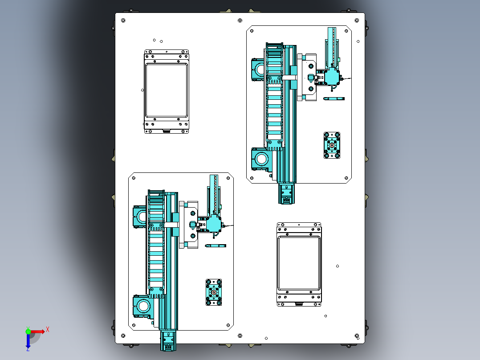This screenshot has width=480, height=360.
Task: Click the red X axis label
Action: point(48,330)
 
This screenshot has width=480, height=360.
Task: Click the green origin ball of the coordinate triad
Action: point(28,331)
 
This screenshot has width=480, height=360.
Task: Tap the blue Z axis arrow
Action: point(28,341)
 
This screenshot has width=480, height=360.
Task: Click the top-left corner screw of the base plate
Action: point(123,20)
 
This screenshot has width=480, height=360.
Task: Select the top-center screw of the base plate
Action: point(240,20)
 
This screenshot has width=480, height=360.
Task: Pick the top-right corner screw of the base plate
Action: point(357,20)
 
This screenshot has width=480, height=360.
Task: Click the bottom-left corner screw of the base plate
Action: point(123,336)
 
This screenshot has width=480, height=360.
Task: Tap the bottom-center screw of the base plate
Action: point(240,336)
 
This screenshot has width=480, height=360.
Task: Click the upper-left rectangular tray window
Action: point(167,90)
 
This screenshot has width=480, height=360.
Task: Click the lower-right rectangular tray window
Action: point(299,263)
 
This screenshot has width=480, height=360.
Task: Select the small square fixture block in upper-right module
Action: point(332,145)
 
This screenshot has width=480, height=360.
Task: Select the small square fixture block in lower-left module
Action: point(214,292)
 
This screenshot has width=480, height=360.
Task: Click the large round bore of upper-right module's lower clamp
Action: point(262,159)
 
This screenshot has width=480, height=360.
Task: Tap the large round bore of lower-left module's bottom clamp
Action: point(143,306)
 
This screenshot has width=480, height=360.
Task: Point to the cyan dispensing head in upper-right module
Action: point(332,77)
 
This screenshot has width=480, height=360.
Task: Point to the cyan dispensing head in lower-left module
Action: point(214,224)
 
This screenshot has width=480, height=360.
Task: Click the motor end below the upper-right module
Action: point(286,194)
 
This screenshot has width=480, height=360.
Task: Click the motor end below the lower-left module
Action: point(168,341)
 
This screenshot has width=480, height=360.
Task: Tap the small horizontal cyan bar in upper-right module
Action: point(334,98)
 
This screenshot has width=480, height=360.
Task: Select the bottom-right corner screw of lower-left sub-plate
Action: point(228,325)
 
